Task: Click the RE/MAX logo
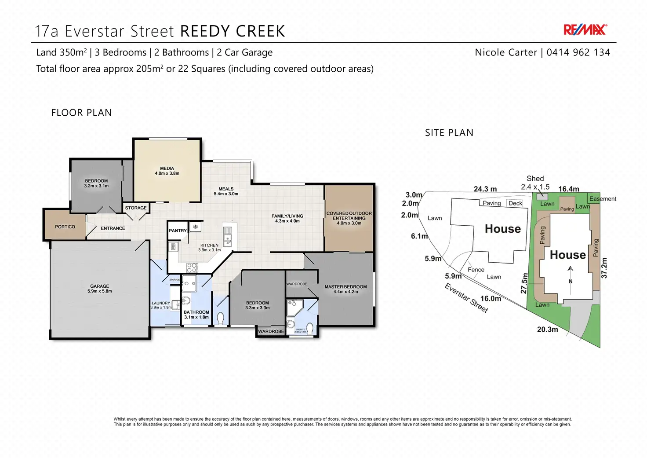pyautogui.click(x=585, y=30)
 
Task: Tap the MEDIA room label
pyautogui.click(x=167, y=171)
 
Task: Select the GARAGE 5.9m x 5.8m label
pyautogui.click(x=100, y=289)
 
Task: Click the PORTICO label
pyautogui.click(x=65, y=227)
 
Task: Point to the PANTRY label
pyautogui.click(x=178, y=231)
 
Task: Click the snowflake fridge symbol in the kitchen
pyautogui.click(x=196, y=227)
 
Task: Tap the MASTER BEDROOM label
pyautogui.click(x=345, y=289)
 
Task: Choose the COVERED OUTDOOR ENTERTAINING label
pyautogui.click(x=349, y=218)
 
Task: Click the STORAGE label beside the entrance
pyautogui.click(x=136, y=208)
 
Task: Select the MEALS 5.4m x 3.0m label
pyautogui.click(x=226, y=191)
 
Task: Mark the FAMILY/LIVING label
pyautogui.click(x=287, y=218)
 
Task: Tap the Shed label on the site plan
pyautogui.click(x=535, y=179)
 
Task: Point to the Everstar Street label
pyautogui.click(x=466, y=298)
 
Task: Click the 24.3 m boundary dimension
pyautogui.click(x=485, y=189)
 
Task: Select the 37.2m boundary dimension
pyautogui.click(x=604, y=268)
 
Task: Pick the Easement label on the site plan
pyautogui.click(x=603, y=199)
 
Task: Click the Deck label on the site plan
pyautogui.click(x=515, y=203)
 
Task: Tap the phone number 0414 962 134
pyautogui.click(x=578, y=53)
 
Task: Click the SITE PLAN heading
pyautogui.click(x=449, y=133)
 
